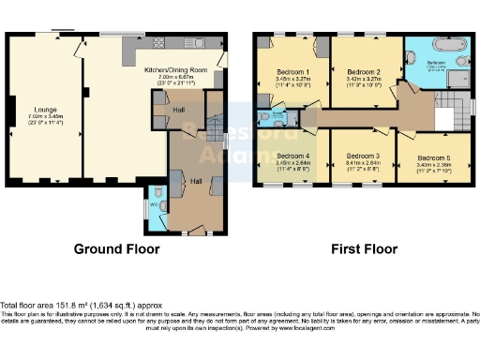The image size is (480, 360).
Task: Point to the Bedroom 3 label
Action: (362, 155)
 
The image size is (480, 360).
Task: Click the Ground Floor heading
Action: (117, 249)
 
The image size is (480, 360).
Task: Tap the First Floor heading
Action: (365, 249)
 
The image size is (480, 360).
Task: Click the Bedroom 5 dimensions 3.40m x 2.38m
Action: (433, 164)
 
